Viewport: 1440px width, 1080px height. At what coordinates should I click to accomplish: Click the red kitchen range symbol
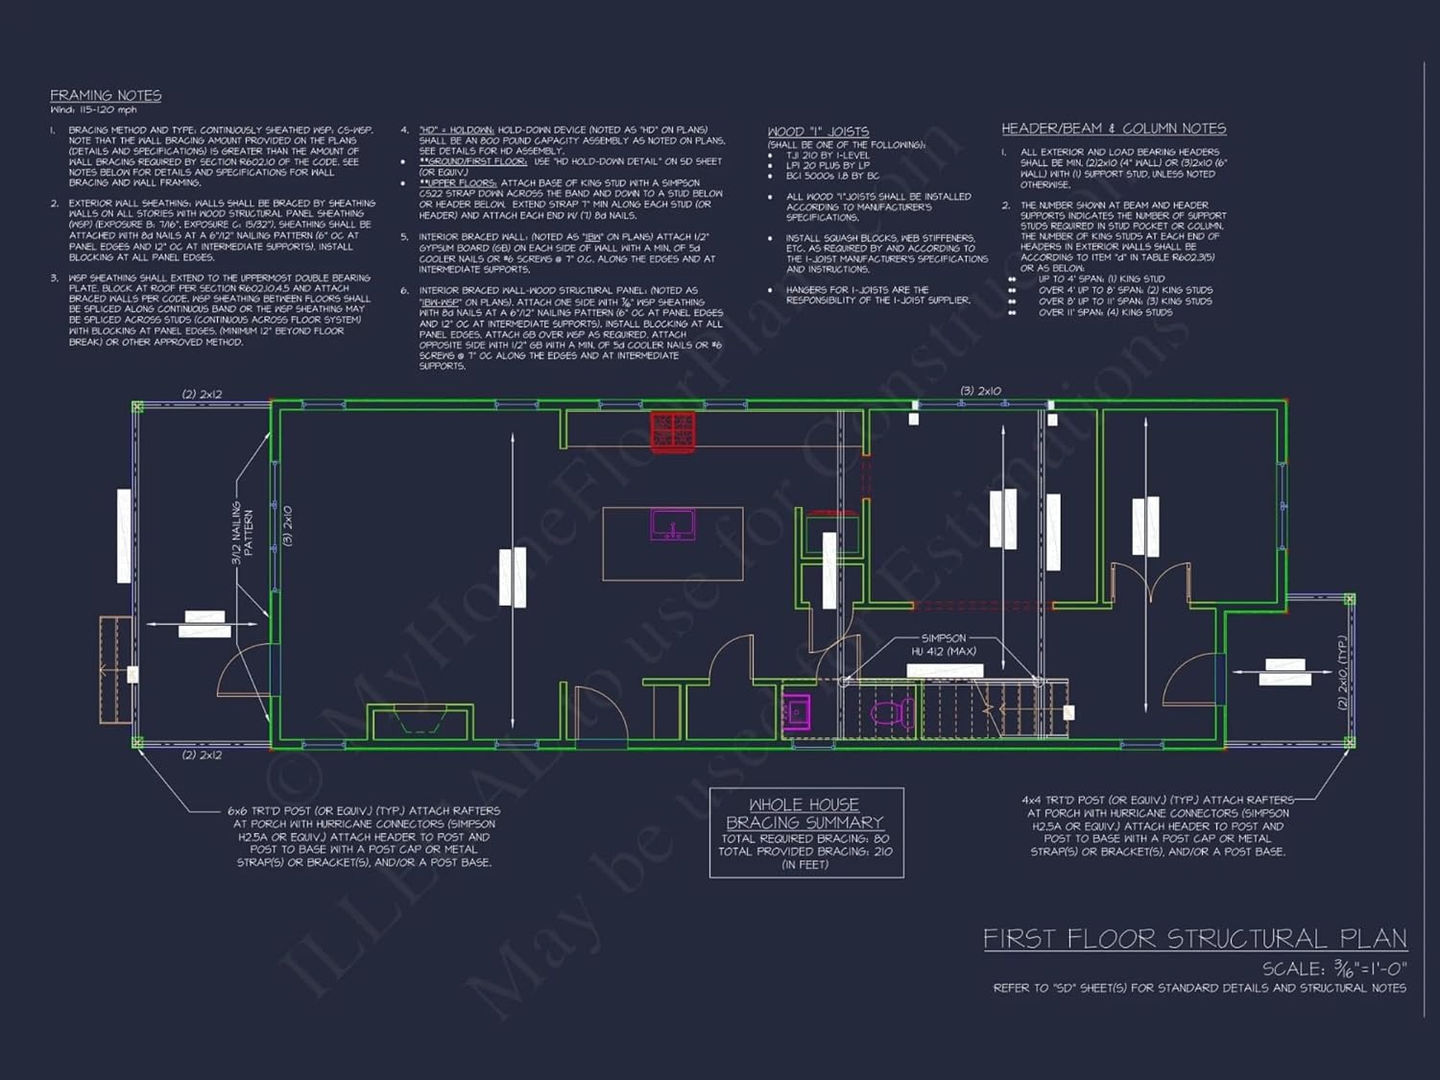[673, 431]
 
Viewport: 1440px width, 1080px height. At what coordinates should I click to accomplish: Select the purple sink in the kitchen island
[673, 525]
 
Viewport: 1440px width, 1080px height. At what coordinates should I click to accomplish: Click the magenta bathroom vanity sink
[796, 711]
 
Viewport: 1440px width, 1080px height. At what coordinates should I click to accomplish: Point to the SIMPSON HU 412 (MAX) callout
[944, 644]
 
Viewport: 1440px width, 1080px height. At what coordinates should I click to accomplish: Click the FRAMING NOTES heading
[106, 95]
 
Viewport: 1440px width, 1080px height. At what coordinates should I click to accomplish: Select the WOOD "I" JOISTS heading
[818, 132]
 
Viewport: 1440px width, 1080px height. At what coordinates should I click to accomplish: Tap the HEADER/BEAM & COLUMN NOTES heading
[1114, 129]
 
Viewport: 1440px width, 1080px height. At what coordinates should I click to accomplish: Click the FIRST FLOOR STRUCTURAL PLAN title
[1194, 938]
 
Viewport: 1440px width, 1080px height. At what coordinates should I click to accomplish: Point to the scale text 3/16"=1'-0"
[1334, 968]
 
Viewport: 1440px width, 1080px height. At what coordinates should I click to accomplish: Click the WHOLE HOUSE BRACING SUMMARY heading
[804, 813]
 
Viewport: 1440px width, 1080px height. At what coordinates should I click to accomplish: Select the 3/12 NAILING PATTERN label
[242, 533]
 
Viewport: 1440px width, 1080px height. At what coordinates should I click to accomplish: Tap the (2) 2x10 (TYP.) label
[1342, 672]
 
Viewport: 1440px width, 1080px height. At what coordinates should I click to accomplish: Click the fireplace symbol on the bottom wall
[420, 721]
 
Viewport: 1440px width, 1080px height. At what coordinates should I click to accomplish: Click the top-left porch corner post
[137, 407]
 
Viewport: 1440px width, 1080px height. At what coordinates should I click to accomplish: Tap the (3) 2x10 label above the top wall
[980, 391]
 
